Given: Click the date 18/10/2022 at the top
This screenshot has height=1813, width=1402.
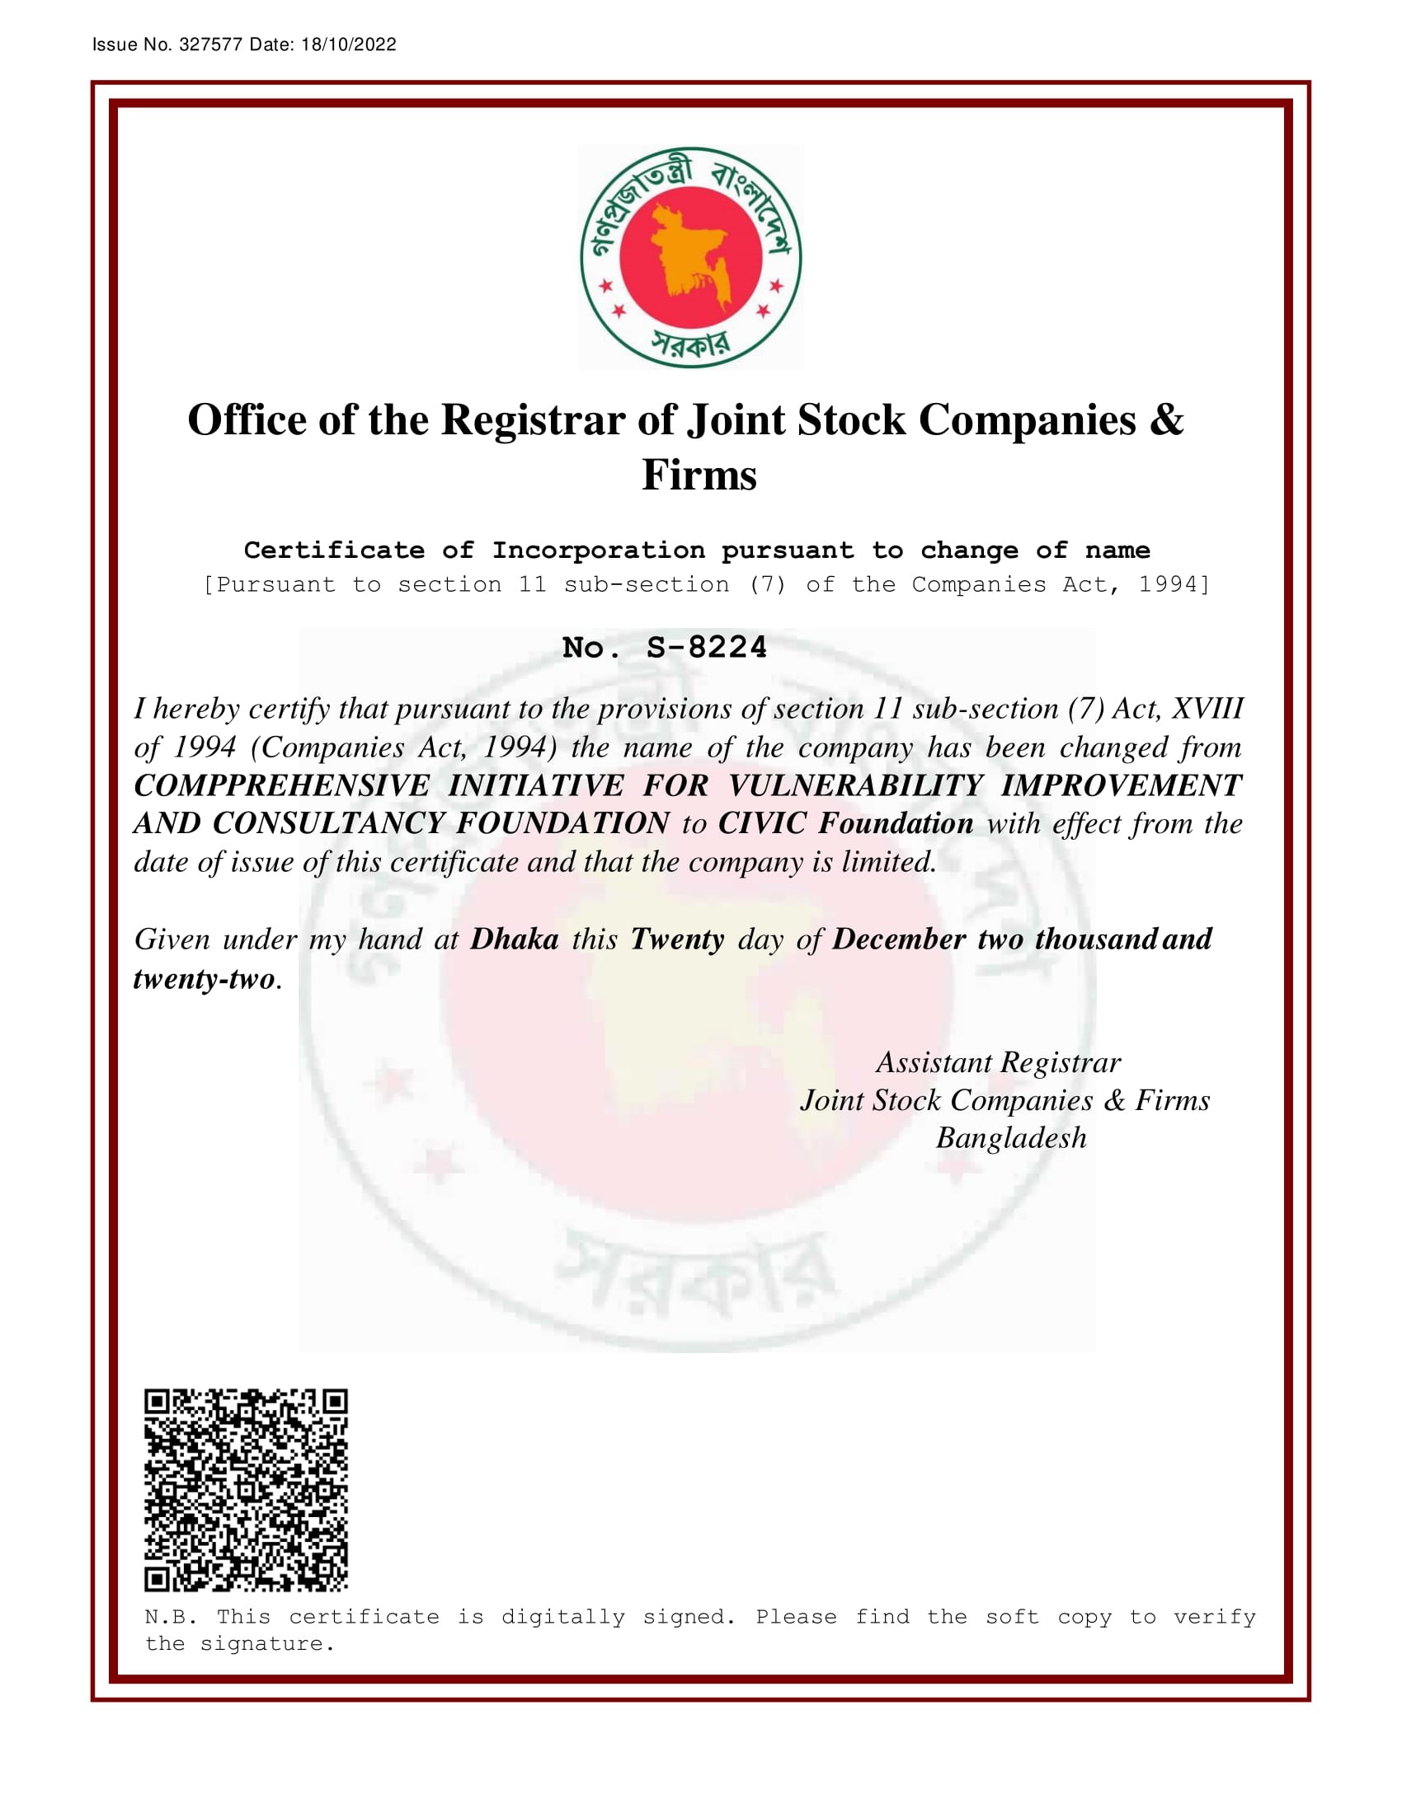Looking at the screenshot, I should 348,45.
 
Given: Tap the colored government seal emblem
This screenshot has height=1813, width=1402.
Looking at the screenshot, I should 691,257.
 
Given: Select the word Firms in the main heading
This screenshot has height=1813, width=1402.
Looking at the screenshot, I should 699,476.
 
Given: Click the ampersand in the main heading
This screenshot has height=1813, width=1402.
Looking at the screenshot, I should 1167,420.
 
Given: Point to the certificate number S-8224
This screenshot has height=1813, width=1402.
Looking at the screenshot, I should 706,649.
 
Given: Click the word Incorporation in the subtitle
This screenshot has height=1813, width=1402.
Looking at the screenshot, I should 598,550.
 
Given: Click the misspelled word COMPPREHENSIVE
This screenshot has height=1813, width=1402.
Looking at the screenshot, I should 281,785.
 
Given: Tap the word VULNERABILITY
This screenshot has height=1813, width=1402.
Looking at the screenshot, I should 855,785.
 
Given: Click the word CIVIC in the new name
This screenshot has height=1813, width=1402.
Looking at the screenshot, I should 762,823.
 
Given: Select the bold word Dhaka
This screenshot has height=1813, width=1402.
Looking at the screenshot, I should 514,939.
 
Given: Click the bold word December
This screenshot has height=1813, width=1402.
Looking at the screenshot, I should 899,939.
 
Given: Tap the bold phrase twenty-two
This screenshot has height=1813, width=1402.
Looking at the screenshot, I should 205,979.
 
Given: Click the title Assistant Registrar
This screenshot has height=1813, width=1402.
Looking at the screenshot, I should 999,1062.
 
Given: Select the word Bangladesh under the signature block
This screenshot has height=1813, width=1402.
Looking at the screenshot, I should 1011,1138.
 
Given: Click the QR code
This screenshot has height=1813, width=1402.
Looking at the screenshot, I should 246,1490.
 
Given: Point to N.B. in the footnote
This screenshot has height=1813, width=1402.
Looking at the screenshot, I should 170,1617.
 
